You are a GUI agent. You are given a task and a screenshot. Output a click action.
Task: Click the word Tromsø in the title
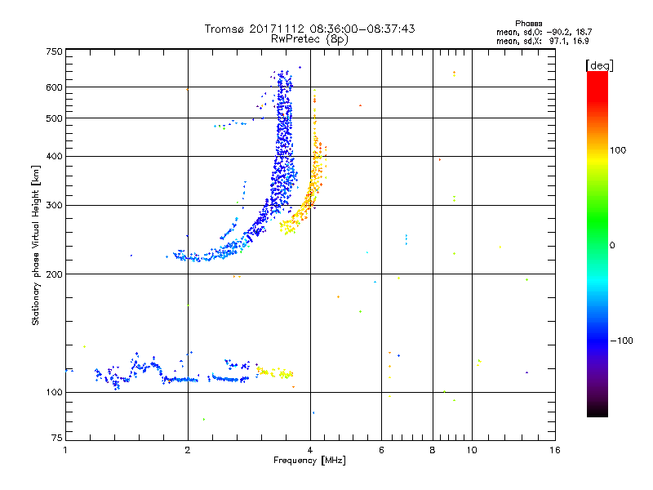click(225, 29)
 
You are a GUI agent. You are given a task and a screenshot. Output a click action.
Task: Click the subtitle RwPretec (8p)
click(309, 39)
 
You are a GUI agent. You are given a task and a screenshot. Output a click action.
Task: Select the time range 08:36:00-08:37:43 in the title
click(362, 29)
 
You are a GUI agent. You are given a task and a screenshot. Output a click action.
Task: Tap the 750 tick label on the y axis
click(54, 51)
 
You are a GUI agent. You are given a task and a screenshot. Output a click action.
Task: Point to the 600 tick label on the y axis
click(54, 87)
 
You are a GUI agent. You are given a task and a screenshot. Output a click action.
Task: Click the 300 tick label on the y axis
click(54, 206)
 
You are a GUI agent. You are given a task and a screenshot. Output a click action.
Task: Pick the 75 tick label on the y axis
click(57, 438)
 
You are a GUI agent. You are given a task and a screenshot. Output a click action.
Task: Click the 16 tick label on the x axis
click(555, 450)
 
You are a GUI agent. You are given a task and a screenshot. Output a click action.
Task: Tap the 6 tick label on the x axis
click(381, 450)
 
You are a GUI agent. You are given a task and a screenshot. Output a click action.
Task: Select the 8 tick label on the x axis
click(433, 450)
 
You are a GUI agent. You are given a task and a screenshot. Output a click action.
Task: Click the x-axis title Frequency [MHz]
click(309, 461)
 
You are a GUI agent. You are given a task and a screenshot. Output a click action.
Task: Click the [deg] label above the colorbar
click(599, 65)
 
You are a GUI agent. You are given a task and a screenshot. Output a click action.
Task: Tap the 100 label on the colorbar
click(618, 150)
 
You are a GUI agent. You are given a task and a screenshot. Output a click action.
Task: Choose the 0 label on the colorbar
click(612, 246)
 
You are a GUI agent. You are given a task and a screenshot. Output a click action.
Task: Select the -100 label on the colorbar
click(621, 341)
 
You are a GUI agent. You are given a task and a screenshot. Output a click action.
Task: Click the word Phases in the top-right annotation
click(528, 24)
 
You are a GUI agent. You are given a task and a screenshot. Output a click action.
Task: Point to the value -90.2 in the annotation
click(559, 33)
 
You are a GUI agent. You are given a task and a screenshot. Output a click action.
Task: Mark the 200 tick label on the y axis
click(54, 274)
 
